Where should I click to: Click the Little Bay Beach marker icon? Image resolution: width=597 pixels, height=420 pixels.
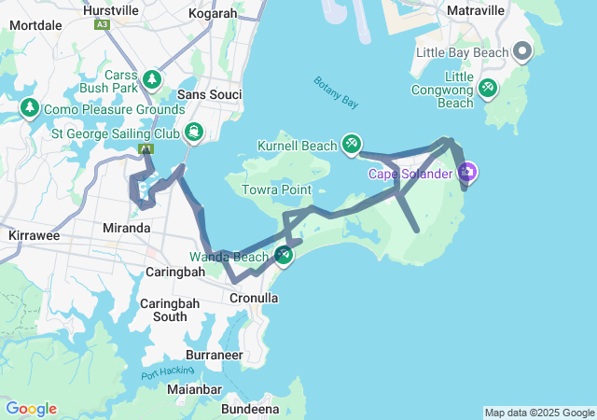(x=521, y=52)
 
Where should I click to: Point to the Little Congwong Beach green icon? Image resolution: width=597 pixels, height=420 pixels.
(x=487, y=89)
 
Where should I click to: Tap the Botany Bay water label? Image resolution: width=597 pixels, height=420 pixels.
(x=336, y=91)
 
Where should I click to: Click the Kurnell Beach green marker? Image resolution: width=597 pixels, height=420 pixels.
(x=351, y=145)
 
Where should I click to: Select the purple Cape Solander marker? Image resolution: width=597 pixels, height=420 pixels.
(x=467, y=173)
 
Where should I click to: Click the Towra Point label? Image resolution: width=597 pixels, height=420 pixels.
(x=276, y=189)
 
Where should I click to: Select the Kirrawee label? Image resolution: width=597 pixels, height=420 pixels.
(x=33, y=236)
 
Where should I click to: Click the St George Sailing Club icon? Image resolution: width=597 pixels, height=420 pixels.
(x=193, y=133)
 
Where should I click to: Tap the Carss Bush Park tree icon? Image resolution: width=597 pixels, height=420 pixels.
(x=150, y=80)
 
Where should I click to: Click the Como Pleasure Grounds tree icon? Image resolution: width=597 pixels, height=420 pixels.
(x=29, y=109)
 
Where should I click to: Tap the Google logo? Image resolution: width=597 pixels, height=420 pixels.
(x=31, y=409)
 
